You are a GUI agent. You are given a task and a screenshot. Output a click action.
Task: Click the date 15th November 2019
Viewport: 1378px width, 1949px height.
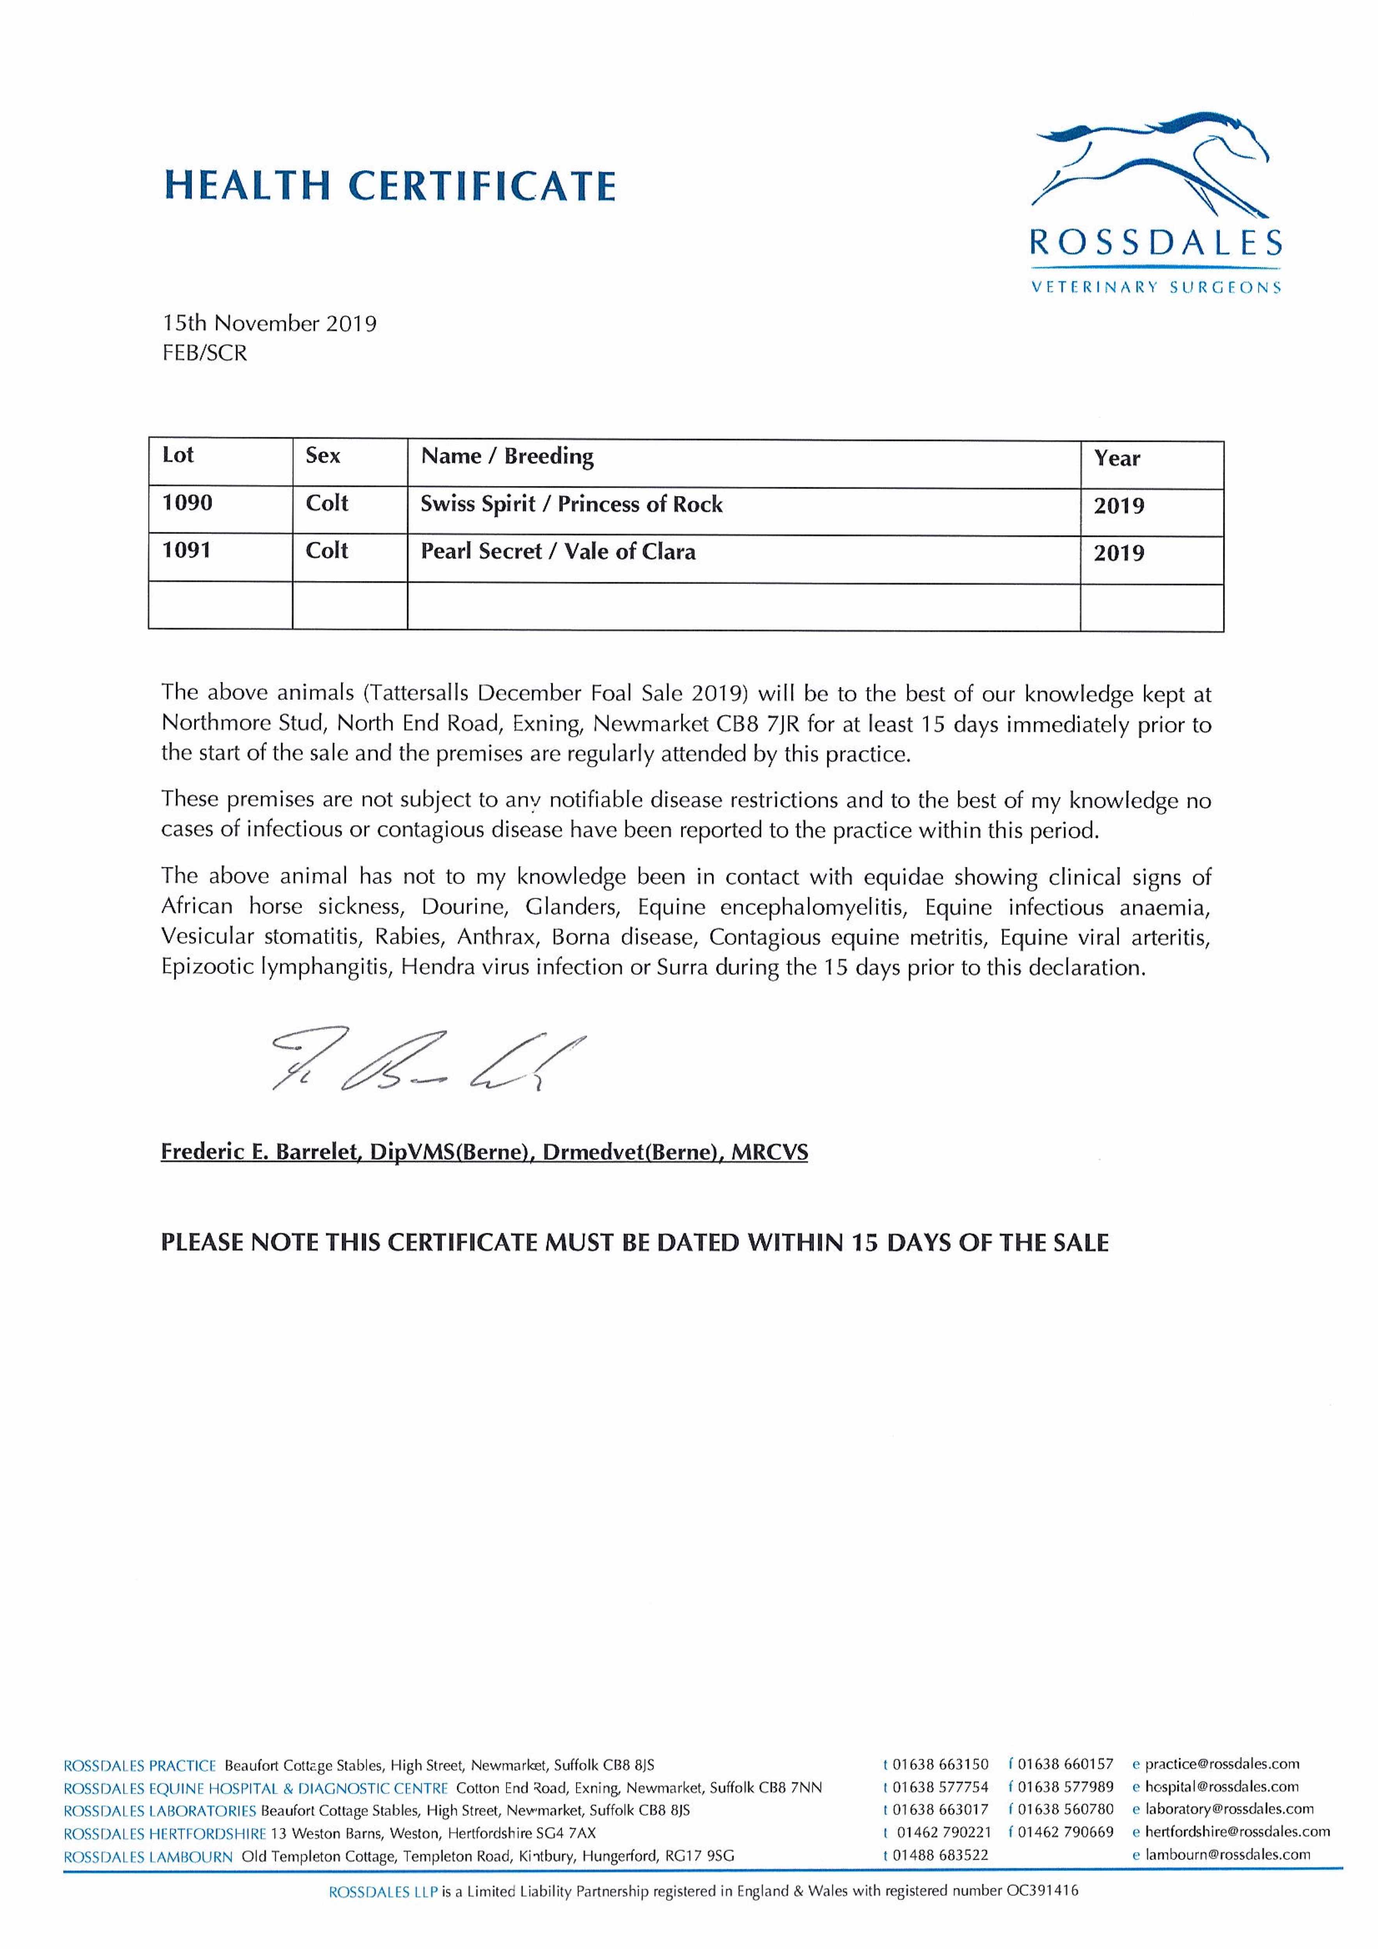pos(269,324)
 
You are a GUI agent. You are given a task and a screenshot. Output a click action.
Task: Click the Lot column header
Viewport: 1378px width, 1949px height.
pos(178,456)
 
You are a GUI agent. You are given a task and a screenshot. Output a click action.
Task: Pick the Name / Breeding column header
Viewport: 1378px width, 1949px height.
pos(507,457)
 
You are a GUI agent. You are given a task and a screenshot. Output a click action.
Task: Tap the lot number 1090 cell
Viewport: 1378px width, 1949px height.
pos(188,503)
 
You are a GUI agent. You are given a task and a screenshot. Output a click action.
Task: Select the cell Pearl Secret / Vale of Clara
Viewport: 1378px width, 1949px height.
pos(558,552)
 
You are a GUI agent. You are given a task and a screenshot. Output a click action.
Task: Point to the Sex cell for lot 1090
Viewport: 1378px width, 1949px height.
pos(327,503)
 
